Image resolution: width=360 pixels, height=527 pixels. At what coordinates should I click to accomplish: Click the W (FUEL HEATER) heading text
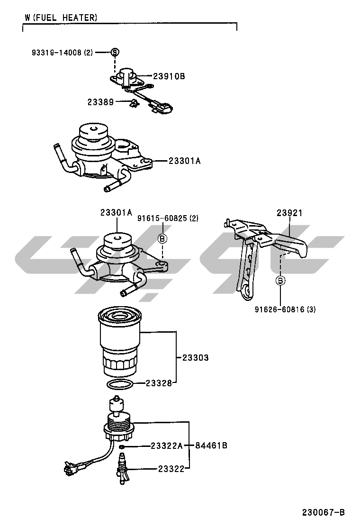61,18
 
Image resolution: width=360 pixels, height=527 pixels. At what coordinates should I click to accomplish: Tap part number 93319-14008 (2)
62,52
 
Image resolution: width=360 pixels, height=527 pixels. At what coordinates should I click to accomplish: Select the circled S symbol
115,52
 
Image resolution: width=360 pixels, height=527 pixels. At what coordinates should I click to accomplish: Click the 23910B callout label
169,76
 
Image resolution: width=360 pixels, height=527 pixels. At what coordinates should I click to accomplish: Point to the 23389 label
100,102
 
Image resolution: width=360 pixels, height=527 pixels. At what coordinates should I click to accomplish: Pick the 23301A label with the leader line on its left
185,161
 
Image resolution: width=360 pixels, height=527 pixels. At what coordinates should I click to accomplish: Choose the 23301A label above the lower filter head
116,213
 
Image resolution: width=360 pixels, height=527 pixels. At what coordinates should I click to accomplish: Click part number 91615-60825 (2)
168,218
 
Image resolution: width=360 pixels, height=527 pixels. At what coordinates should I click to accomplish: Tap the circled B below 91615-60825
162,239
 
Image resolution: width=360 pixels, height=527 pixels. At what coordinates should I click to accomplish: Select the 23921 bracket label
289,213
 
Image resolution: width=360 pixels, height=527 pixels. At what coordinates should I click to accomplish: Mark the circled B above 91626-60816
280,281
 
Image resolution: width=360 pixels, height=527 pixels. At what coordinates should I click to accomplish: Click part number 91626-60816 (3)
285,309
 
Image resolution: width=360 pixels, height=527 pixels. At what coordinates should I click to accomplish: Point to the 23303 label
196,358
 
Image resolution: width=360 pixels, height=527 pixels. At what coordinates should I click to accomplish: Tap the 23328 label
158,383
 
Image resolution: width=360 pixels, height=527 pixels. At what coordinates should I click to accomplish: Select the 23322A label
167,445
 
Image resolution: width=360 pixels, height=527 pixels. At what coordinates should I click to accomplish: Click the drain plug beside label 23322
122,469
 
